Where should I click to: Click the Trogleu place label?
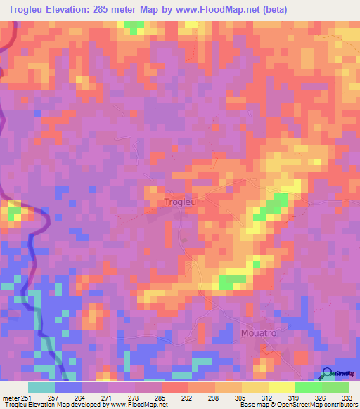[x=179, y=202]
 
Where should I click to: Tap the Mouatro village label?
[x=259, y=332]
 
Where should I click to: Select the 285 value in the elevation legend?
[x=162, y=397]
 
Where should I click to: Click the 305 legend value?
[x=241, y=397]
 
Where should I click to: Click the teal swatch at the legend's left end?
[x=41, y=387]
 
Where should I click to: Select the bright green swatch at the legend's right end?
[x=335, y=387]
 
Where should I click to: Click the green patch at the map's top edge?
[x=132, y=27]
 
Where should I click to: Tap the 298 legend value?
[x=214, y=397]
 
